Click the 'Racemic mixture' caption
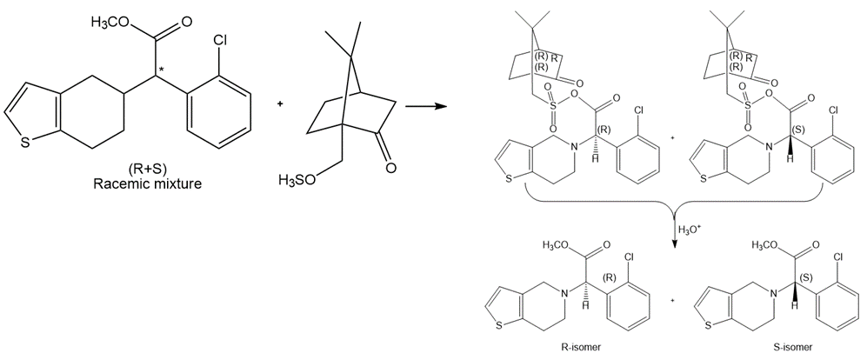click(x=147, y=183)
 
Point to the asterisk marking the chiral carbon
click(x=161, y=69)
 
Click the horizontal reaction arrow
click(x=426, y=106)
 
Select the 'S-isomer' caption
click(x=793, y=347)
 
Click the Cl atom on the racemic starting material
click(x=219, y=42)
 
